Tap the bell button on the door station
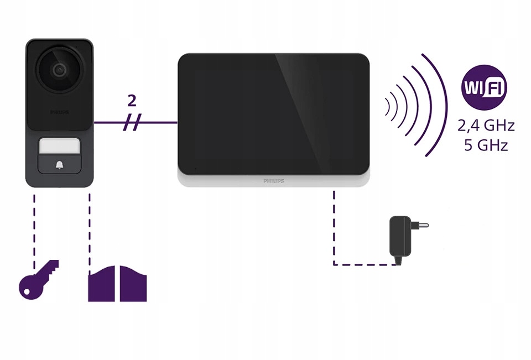pyautogui.click(x=59, y=164)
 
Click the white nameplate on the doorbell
pyautogui.click(x=59, y=147)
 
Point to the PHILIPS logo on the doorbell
pyautogui.click(x=59, y=112)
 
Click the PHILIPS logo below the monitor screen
pyautogui.click(x=273, y=181)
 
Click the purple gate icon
pyautogui.click(x=117, y=283)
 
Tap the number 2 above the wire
pyautogui.click(x=132, y=101)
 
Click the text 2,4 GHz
pyautogui.click(x=486, y=126)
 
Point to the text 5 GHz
pyautogui.click(x=486, y=145)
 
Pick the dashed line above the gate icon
pyautogui.click(x=90, y=227)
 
